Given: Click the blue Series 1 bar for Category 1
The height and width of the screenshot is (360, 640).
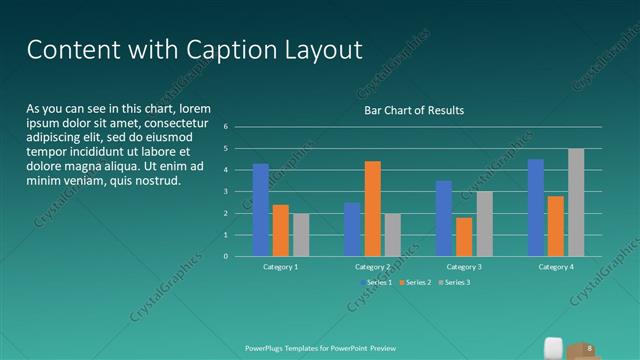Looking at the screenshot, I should pyautogui.click(x=260, y=210).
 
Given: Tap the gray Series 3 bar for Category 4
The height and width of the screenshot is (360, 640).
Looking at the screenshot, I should pyautogui.click(x=576, y=202).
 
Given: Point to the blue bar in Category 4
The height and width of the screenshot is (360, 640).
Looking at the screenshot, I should pyautogui.click(x=536, y=207).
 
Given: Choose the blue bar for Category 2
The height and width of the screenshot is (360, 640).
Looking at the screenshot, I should pyautogui.click(x=352, y=229).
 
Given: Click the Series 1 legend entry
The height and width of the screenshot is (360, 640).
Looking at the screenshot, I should pyautogui.click(x=376, y=282).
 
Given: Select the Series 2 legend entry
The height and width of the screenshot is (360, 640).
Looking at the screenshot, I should pyautogui.click(x=416, y=282).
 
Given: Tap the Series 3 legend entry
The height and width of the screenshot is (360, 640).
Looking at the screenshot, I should pyautogui.click(x=455, y=282).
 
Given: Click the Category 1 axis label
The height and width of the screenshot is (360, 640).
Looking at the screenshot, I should pyautogui.click(x=281, y=267).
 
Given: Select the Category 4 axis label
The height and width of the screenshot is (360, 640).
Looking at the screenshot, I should pyautogui.click(x=556, y=267).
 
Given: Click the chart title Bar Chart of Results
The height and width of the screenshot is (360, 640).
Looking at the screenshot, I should pyautogui.click(x=413, y=110).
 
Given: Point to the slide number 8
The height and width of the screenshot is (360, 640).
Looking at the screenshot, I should pyautogui.click(x=590, y=348).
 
